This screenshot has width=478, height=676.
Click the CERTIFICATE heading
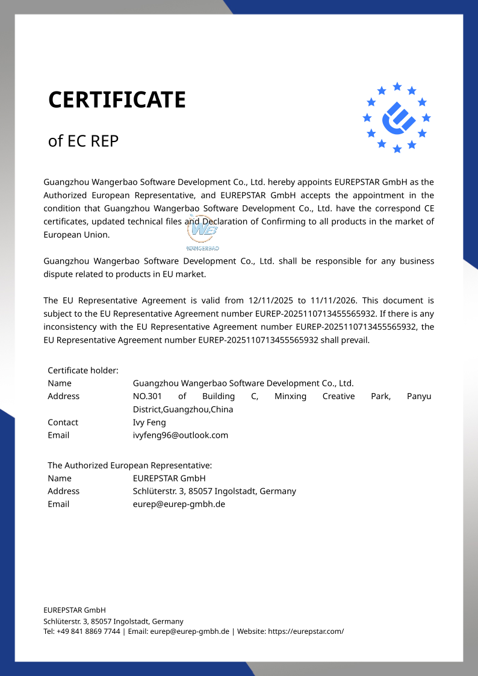pos(117,100)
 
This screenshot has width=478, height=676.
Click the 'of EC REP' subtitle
pos(83,141)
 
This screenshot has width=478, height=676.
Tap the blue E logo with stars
pos(397,117)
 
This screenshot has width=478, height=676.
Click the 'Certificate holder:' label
pos(83,370)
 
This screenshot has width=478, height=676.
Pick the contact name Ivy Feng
pos(149,423)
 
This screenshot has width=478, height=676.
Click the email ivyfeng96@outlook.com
pos(181,435)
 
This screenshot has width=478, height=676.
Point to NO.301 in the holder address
pos(147,396)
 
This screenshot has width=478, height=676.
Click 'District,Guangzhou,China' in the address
pos(183,409)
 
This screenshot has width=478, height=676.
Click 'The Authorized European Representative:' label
pos(130,465)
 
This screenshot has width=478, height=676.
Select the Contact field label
pos(63,423)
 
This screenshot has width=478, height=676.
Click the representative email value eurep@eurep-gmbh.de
pos(179,504)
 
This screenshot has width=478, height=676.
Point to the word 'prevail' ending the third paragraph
pos(354,340)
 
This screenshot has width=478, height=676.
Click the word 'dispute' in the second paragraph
pos(58,274)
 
